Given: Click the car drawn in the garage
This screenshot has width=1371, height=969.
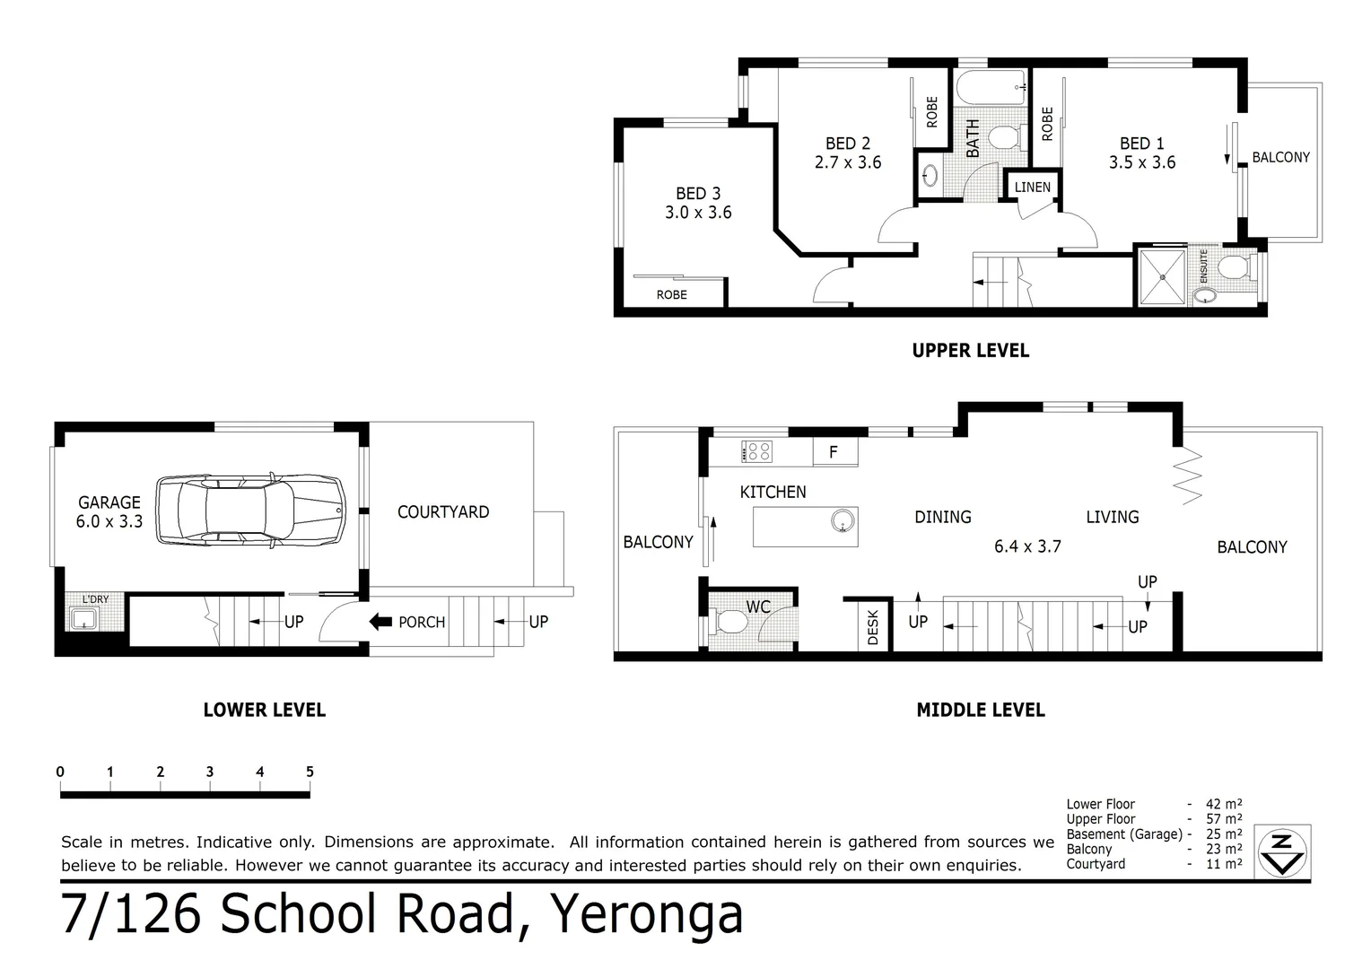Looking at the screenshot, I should pos(251,510).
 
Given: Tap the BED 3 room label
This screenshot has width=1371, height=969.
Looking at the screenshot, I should pos(698,194).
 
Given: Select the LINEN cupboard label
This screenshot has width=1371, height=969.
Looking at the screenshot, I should pos(1032,188).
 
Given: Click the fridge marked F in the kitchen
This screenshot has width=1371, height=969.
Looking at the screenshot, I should pos(834,452).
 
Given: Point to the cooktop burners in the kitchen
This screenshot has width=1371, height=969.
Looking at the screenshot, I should pos(756,451).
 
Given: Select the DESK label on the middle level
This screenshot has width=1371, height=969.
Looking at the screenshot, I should pos(873,627).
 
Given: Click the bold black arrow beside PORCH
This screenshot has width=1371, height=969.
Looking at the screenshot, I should pos(380,622).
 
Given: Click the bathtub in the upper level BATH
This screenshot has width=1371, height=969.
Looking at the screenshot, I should pos(991,88).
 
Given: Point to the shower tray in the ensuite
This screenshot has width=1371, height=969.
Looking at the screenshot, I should pos(1162,276).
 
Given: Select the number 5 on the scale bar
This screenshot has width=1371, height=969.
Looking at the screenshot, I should pos(310,772).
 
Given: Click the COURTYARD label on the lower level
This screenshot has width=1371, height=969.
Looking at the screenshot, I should pos(443,512).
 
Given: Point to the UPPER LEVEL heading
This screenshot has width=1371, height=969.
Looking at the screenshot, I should pos(970,351).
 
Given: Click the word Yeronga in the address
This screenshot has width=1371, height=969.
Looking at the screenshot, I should pos(646,914).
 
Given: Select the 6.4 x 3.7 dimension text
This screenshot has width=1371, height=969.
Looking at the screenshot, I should pos(1027,546).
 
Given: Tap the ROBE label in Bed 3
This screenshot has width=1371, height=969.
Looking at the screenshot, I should pos(671,294).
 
